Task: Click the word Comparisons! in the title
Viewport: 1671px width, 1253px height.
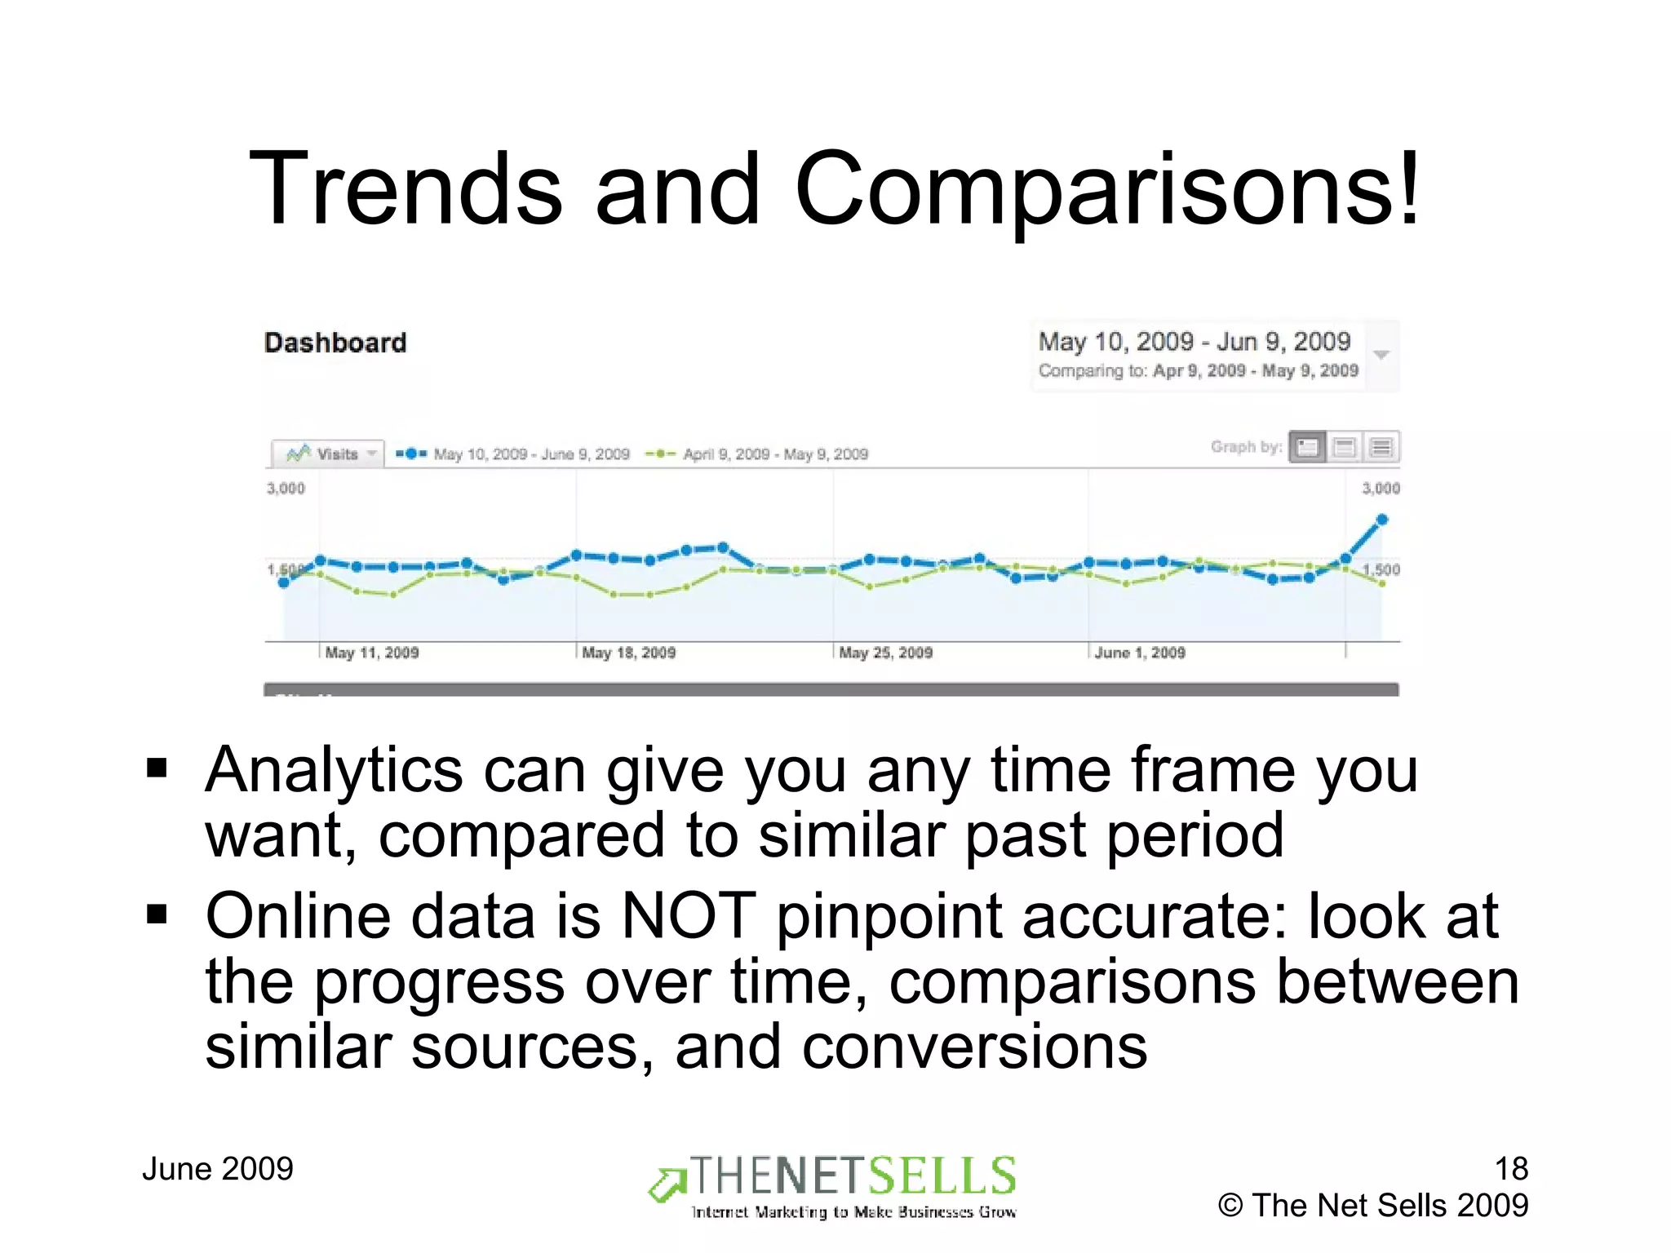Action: click(1108, 189)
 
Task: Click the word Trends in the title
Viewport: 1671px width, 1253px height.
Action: click(406, 189)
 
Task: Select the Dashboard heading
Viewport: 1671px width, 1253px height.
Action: click(335, 343)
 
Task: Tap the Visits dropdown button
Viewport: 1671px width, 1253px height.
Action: click(327, 454)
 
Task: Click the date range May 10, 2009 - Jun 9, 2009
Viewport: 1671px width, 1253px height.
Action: click(1195, 342)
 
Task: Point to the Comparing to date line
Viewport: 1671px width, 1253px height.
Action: click(1198, 371)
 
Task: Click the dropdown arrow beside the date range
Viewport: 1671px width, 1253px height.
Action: click(1381, 355)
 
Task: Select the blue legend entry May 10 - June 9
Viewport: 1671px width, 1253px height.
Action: click(513, 454)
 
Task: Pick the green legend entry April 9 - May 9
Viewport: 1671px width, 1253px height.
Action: click(757, 454)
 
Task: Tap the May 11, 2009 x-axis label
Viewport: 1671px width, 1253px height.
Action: click(372, 653)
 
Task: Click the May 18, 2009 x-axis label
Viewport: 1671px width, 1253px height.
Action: click(629, 653)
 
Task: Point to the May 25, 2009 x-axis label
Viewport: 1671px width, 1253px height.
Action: click(886, 653)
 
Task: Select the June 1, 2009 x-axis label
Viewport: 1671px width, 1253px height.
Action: click(1140, 653)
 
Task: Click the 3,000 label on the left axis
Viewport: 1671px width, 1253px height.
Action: click(286, 489)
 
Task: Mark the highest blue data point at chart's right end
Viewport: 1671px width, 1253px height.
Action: click(1382, 520)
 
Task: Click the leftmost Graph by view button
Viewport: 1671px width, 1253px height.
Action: click(1307, 447)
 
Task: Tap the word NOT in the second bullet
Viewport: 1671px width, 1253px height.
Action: click(688, 916)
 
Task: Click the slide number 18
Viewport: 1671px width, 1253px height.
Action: click(1511, 1169)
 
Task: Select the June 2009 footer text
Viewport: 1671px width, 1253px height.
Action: click(218, 1169)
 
